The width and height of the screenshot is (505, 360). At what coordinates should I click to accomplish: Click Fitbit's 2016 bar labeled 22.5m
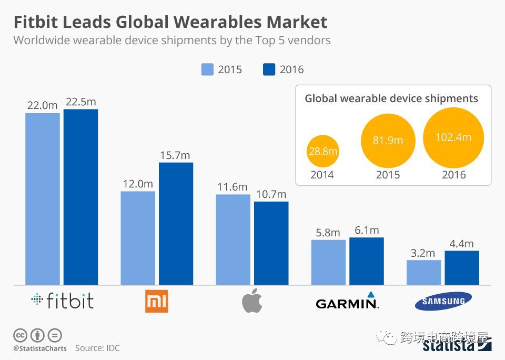click(x=80, y=197)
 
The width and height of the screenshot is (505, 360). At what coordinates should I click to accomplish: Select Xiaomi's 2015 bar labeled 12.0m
click(x=138, y=238)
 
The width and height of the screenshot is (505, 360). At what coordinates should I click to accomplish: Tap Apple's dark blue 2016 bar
click(x=271, y=243)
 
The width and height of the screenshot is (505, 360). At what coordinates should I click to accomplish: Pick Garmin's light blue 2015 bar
click(x=328, y=262)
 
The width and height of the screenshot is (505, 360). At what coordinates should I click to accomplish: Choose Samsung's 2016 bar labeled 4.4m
click(x=462, y=268)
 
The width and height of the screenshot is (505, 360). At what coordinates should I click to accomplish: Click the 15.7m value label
click(x=176, y=155)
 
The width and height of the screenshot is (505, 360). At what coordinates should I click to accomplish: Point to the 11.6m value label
click(x=232, y=187)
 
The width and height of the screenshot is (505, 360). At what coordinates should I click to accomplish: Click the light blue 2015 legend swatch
click(x=207, y=69)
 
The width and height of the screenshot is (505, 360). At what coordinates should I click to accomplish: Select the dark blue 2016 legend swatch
click(x=269, y=69)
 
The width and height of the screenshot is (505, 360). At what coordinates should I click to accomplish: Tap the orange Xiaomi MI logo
click(x=156, y=301)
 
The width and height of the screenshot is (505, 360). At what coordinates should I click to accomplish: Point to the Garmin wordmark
click(x=347, y=303)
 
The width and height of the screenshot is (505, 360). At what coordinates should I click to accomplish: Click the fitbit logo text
click(x=63, y=301)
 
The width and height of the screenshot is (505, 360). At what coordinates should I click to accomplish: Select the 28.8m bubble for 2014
click(x=322, y=152)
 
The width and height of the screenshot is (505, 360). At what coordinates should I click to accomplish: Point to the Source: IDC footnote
click(x=98, y=348)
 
